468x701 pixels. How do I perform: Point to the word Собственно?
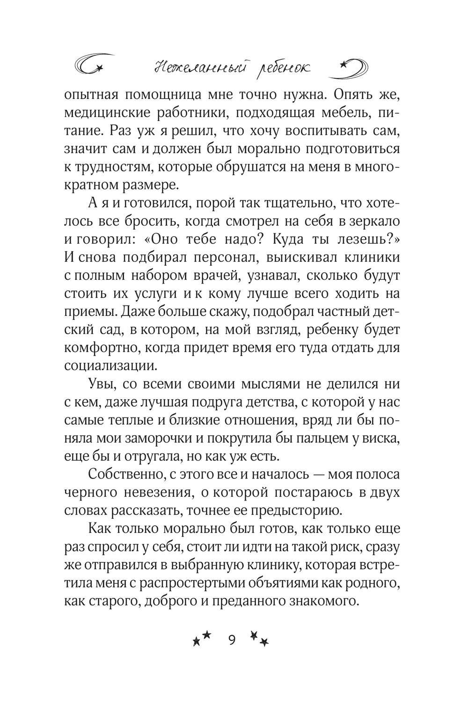click(x=124, y=474)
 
